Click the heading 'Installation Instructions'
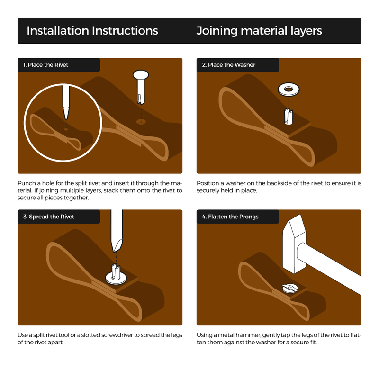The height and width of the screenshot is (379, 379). tap(92, 31)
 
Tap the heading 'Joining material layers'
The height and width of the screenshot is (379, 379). tap(259, 31)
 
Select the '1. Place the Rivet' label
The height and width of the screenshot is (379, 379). tap(45, 65)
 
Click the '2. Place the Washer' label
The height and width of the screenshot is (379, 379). tap(229, 65)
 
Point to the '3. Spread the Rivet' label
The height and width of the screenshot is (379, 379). tap(49, 217)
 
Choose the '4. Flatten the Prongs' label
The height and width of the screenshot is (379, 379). tap(230, 217)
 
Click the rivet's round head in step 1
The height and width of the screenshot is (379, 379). tap(141, 74)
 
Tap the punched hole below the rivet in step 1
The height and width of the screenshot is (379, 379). tap(141, 122)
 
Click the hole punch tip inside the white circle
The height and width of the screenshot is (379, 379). tap(66, 117)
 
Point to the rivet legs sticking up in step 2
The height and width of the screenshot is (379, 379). tap(289, 116)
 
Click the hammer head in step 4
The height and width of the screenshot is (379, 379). tap(294, 244)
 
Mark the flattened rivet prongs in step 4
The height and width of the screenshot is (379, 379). tap(289, 288)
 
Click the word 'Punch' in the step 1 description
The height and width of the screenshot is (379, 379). tap(27, 183)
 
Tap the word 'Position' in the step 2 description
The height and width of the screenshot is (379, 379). tap(208, 183)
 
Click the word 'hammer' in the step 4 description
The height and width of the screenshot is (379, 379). tap(248, 335)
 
